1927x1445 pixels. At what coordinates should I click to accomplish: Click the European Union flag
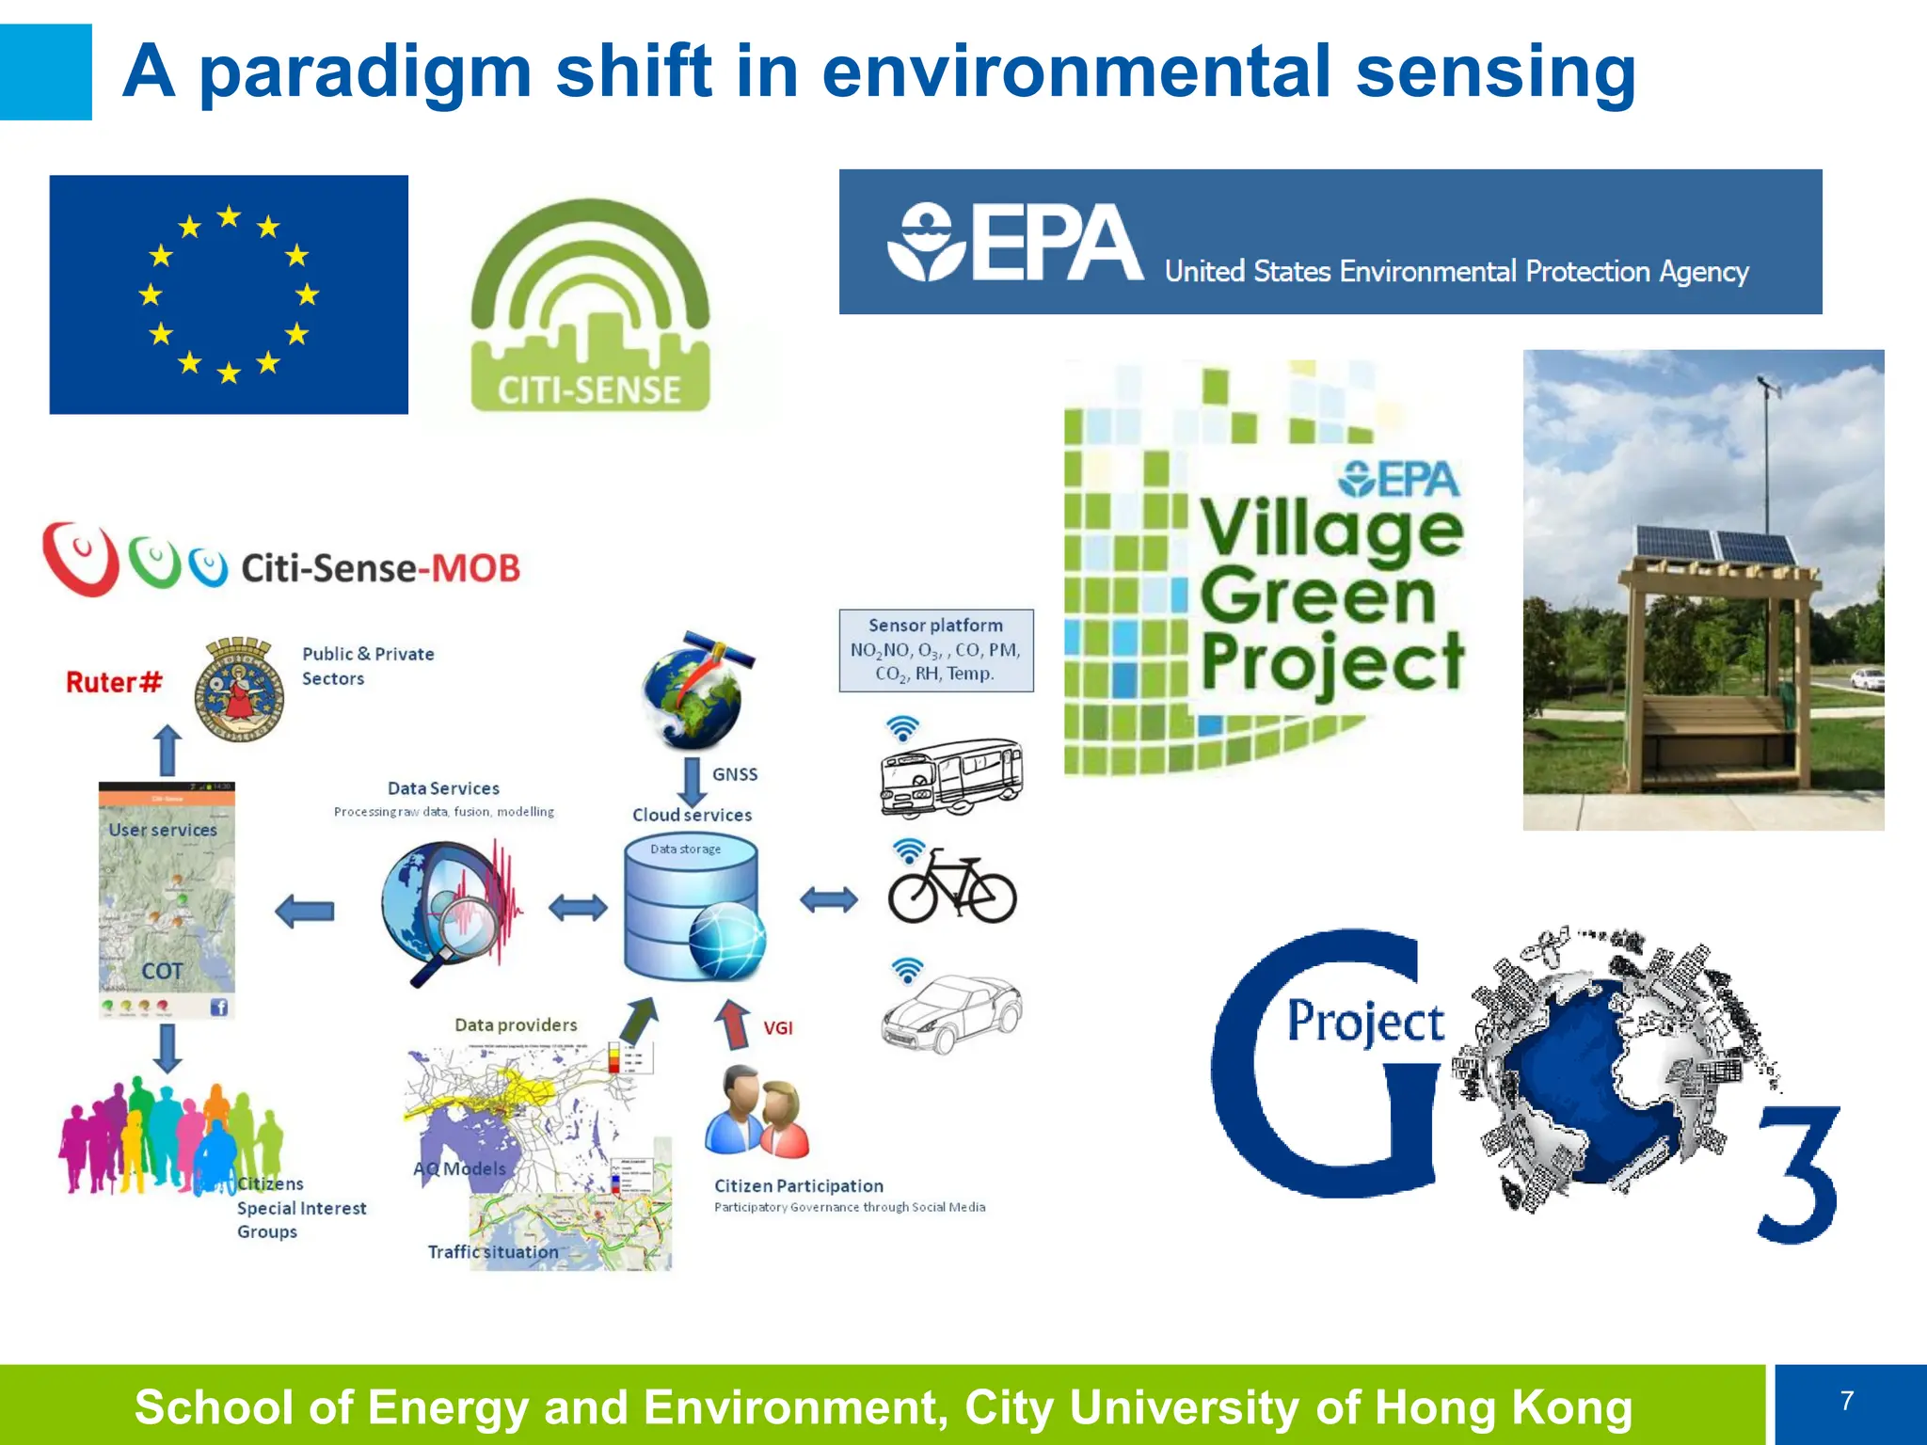[x=229, y=294]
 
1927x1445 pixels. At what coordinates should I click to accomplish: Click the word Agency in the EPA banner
[x=1703, y=272]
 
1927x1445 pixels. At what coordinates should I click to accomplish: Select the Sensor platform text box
[x=935, y=650]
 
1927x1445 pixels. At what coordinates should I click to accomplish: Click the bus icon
[x=950, y=777]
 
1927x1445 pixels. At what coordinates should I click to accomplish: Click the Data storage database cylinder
[x=692, y=908]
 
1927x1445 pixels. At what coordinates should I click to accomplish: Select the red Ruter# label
[x=114, y=682]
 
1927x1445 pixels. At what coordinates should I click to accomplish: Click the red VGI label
[x=777, y=1028]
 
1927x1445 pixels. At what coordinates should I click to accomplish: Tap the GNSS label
[x=734, y=774]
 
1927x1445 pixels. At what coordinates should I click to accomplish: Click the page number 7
[x=1846, y=1401]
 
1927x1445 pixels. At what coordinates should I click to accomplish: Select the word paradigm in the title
[x=365, y=73]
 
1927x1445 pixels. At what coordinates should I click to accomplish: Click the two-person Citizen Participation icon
[x=757, y=1112]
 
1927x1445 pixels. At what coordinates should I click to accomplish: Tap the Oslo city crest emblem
[x=239, y=690]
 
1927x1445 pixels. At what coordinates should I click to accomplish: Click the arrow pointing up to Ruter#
[x=167, y=750]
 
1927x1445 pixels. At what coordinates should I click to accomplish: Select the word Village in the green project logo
[x=1331, y=530]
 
